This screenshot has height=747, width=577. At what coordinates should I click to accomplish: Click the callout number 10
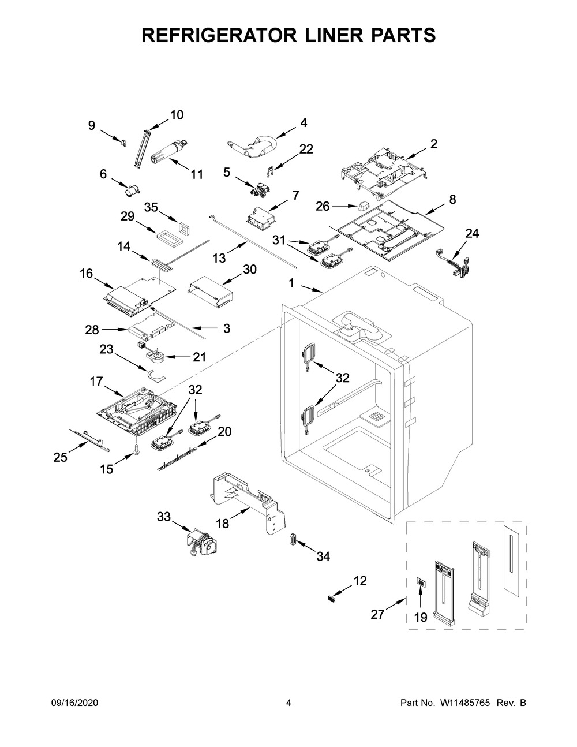177,115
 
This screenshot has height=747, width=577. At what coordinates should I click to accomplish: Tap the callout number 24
472,233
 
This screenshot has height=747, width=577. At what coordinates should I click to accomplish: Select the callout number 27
377,614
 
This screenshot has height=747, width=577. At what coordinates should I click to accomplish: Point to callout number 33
164,517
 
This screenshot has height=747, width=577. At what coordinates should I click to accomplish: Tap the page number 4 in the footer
288,703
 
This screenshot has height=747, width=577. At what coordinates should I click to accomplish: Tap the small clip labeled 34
293,539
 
